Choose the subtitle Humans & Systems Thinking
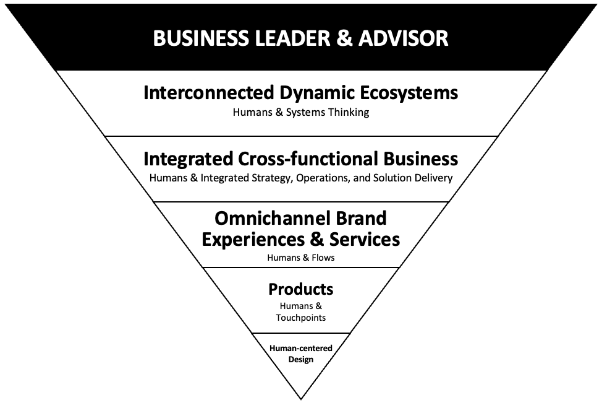301,113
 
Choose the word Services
365,239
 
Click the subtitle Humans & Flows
301,257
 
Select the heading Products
301,289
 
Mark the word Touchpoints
301,318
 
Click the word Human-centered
301,349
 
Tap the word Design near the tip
301,359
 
